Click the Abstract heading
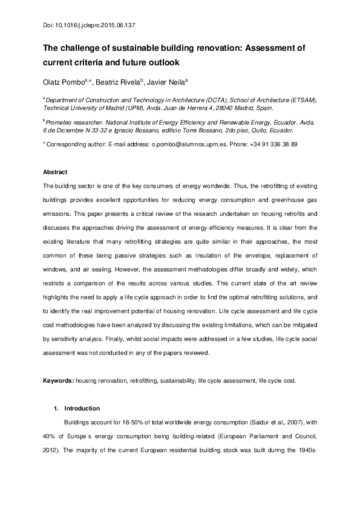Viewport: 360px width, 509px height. (55, 172)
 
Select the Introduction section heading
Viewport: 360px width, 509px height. (87, 408)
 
